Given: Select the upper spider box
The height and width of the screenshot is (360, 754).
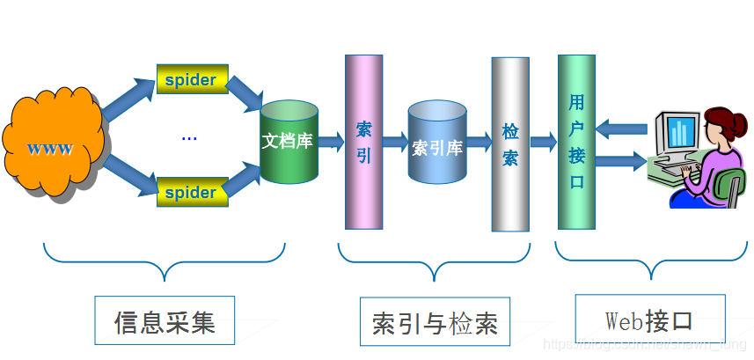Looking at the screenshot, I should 192,79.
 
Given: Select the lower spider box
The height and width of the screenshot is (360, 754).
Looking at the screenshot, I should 192,191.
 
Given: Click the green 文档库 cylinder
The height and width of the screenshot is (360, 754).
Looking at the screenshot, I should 288,142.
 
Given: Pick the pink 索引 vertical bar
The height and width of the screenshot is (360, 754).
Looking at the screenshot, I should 363,142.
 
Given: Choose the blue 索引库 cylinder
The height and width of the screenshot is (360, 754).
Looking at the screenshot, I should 436,143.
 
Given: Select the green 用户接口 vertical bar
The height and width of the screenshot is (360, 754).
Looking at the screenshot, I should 576,142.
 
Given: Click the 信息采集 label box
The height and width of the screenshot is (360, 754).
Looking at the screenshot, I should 165,320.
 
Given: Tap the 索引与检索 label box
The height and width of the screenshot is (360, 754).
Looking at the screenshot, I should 435,321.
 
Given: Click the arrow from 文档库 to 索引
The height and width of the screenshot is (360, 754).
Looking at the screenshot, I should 331,141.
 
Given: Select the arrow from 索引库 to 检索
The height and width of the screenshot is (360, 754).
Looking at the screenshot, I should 479,142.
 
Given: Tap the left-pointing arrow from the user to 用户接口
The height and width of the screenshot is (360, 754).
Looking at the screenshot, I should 620,129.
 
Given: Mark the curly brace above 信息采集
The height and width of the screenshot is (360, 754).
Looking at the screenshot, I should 165,260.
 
